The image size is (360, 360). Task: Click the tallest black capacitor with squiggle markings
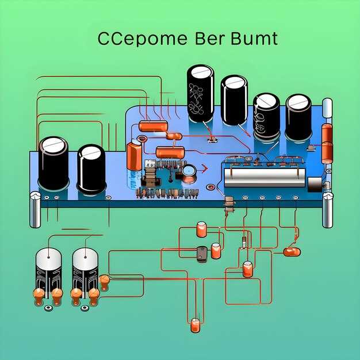point(200,93)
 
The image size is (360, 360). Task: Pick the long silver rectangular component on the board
point(264,177)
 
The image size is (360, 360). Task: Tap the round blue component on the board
point(189,171)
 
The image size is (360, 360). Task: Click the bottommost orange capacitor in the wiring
point(196,326)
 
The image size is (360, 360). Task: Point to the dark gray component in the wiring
point(202,254)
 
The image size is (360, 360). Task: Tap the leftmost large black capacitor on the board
point(53,163)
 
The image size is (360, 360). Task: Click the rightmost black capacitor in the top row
point(298,117)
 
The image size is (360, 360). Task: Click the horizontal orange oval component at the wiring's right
point(292,251)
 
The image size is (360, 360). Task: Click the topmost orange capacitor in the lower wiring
point(201,229)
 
